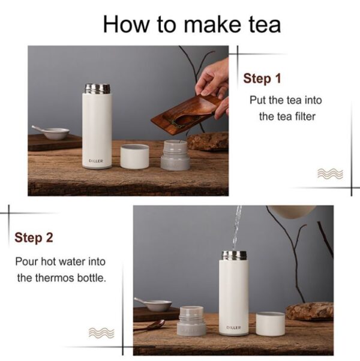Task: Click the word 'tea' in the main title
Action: tap(265, 25)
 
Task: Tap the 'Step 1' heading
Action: tap(262, 79)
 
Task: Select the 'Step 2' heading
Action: tap(34, 237)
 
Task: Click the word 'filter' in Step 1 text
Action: tap(304, 116)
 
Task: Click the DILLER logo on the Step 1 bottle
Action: tap(96, 161)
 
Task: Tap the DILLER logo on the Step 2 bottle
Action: tap(233, 327)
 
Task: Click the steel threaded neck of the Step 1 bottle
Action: tap(98, 89)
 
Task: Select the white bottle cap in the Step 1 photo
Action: tap(134, 157)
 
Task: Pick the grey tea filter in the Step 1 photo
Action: tap(175, 155)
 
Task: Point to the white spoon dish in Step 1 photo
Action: tap(52, 133)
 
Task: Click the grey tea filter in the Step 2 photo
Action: tap(191, 321)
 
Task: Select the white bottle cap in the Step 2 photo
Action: tap(270, 324)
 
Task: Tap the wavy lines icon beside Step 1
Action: tap(330, 173)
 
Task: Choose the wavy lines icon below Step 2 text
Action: tap(101, 333)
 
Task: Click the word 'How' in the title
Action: tap(126, 25)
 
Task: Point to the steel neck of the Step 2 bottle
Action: tap(234, 255)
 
